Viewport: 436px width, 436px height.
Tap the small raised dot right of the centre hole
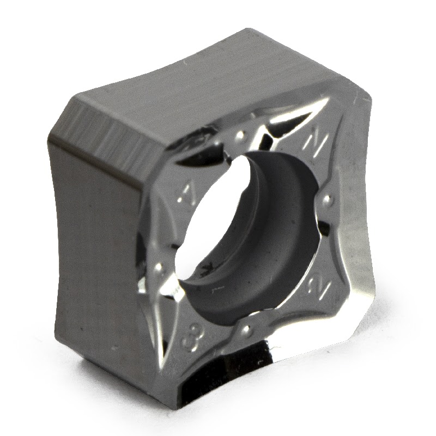point(328,200)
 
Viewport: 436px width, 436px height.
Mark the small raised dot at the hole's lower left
point(159,267)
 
